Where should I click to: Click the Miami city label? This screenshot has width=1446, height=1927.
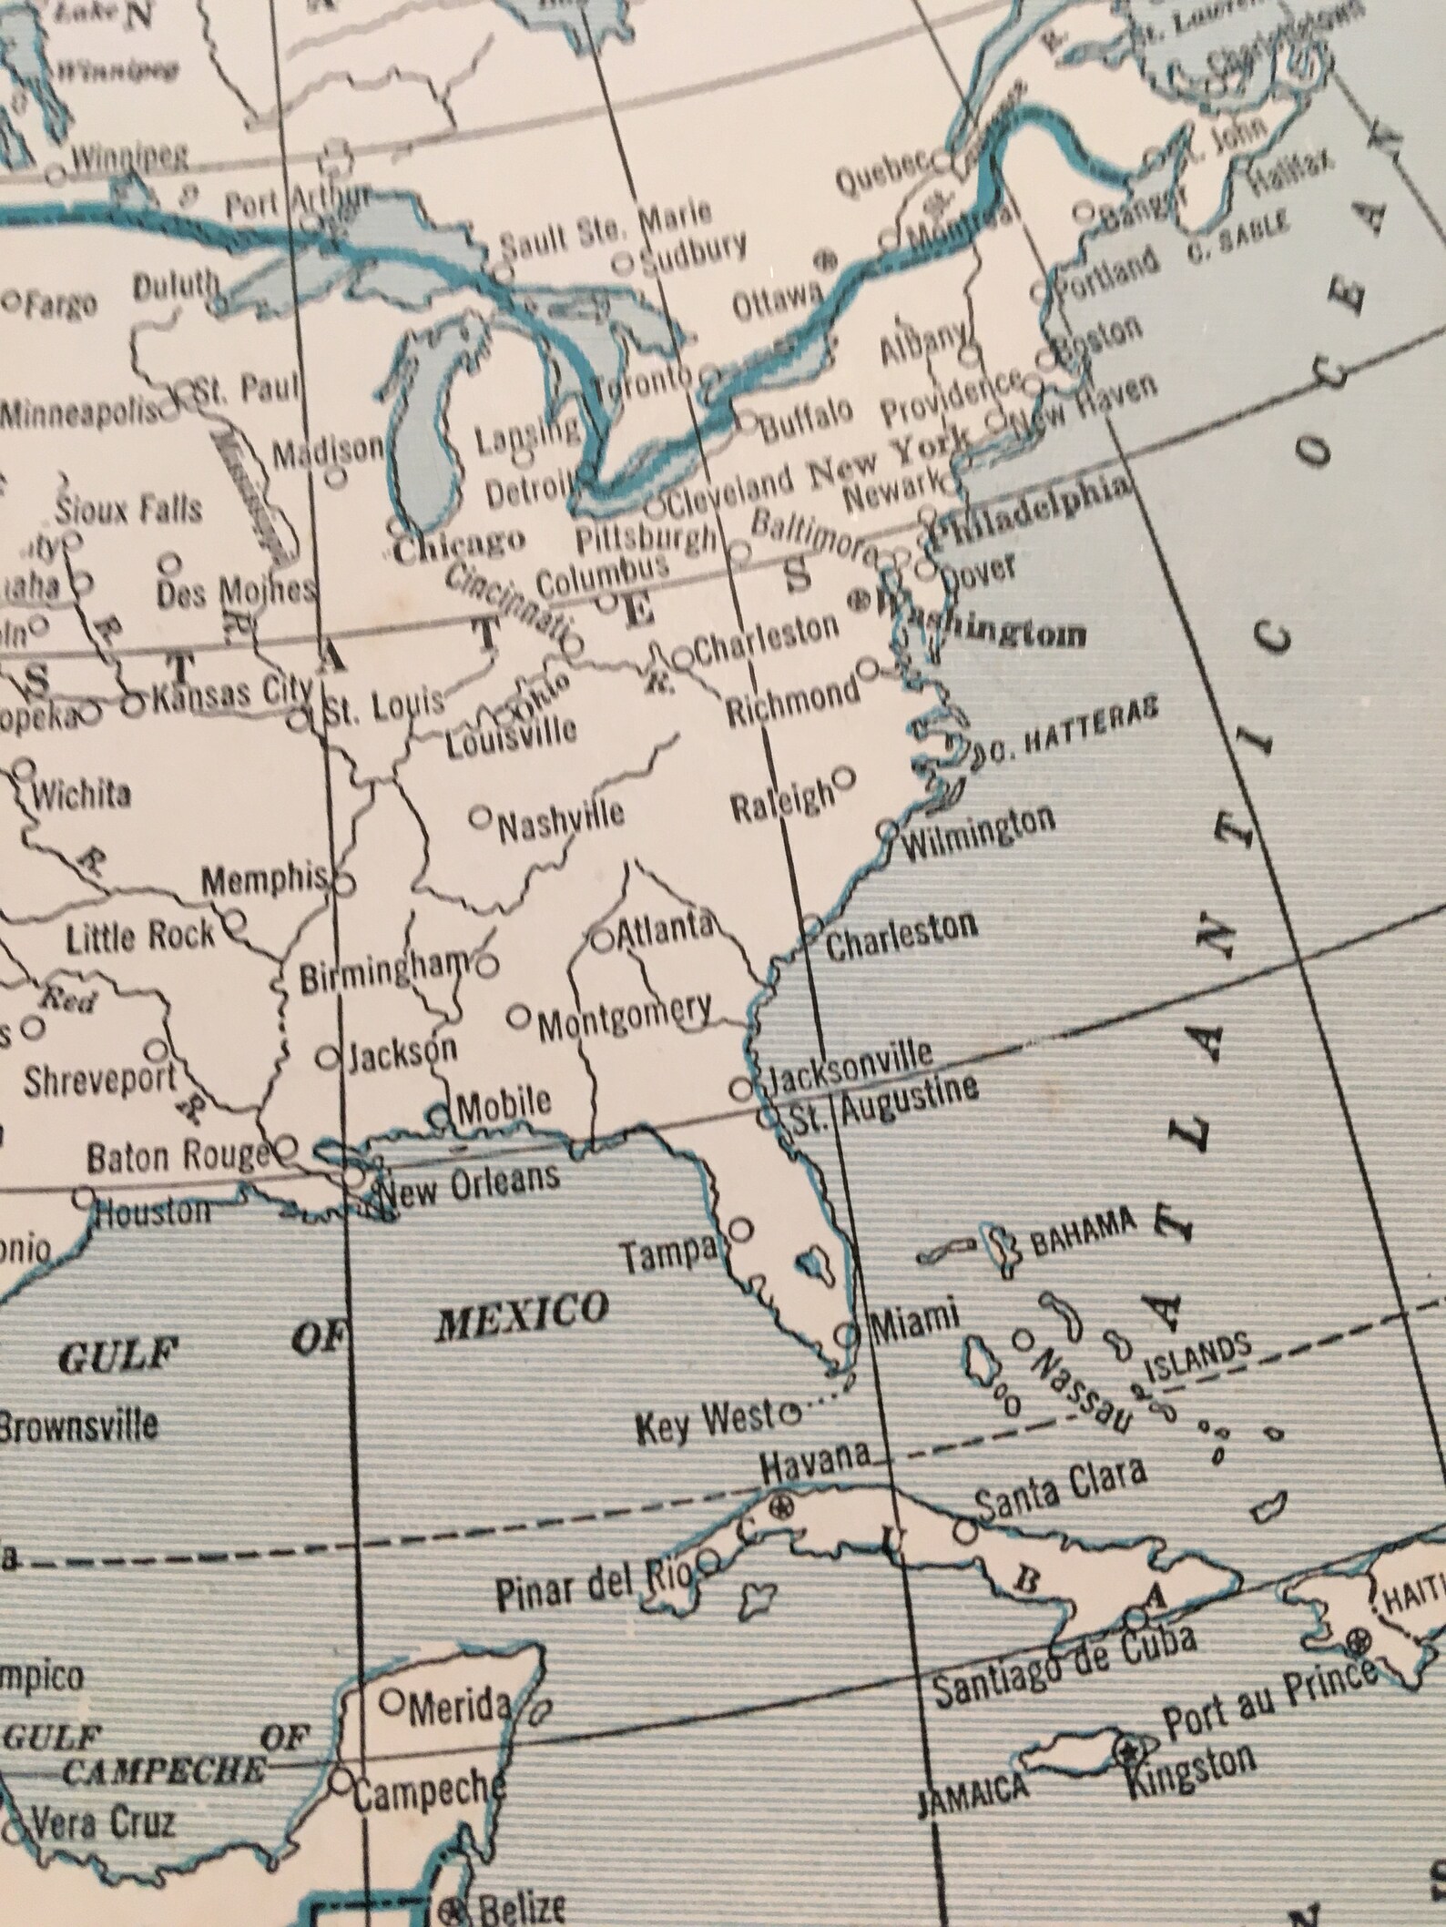(x=915, y=1316)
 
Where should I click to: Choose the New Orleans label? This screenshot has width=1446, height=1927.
(x=468, y=1182)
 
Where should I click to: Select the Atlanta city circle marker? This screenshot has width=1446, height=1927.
(x=601, y=940)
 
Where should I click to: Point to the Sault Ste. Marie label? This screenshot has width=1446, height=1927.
(x=606, y=229)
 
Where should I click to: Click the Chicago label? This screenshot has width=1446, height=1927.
(x=460, y=544)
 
